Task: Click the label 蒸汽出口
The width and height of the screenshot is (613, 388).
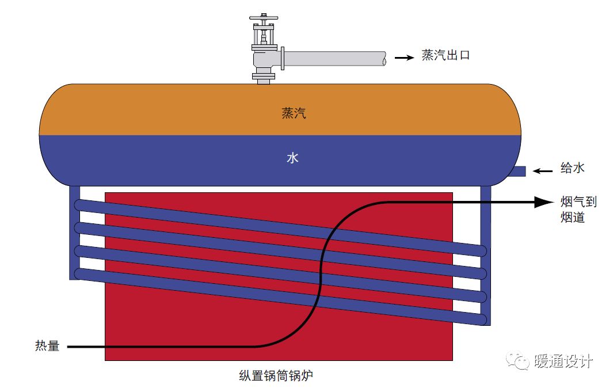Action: pyautogui.click(x=446, y=56)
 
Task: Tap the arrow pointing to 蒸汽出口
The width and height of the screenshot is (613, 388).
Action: pyautogui.click(x=404, y=58)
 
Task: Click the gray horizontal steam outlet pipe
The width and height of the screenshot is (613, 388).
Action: pyautogui.click(x=334, y=59)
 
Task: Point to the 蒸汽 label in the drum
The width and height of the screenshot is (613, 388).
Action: pyautogui.click(x=294, y=113)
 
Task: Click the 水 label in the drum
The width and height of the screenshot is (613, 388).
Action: pyautogui.click(x=292, y=158)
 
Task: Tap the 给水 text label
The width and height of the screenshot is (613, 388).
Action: pyautogui.click(x=573, y=168)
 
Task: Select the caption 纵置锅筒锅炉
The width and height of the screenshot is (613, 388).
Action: pyautogui.click(x=277, y=376)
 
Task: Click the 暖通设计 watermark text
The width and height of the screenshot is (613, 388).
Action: pyautogui.click(x=564, y=362)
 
